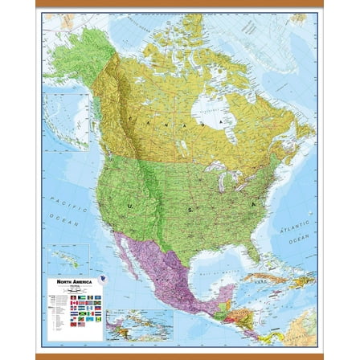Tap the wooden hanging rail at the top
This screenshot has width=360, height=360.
(180, 6)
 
